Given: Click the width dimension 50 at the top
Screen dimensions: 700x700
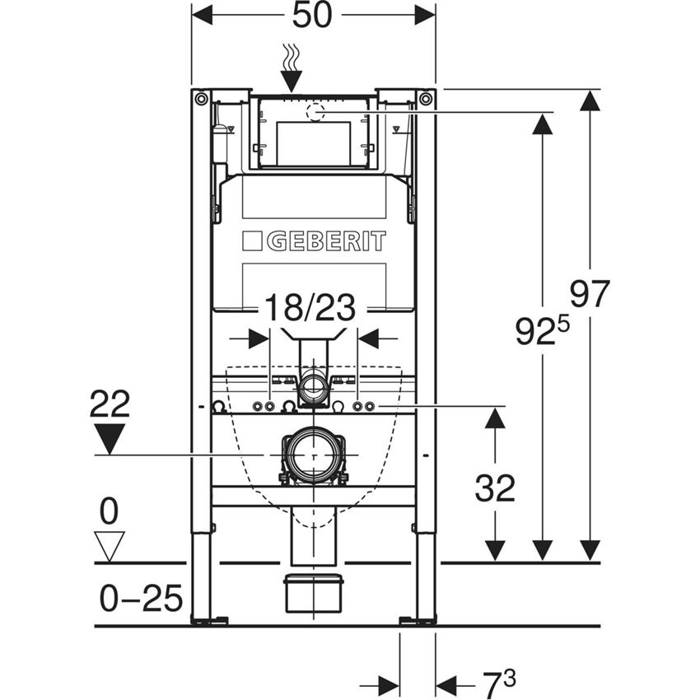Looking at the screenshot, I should (x=313, y=15).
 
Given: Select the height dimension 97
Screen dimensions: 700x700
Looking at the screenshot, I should (x=590, y=294).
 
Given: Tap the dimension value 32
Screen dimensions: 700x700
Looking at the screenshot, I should (x=494, y=489).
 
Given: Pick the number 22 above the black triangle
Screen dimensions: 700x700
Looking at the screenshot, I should (x=110, y=404).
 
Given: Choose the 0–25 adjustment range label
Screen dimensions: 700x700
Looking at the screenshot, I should (x=141, y=599).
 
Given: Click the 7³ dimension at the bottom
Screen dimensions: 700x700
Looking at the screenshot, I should (x=498, y=683).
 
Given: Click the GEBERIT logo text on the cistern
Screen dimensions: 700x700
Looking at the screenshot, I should (x=315, y=241).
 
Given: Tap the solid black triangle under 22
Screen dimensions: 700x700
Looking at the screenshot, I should (x=110, y=437).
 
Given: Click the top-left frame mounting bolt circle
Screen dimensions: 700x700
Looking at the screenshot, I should (x=201, y=99).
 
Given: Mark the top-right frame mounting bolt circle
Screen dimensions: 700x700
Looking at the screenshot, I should (x=425, y=99).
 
